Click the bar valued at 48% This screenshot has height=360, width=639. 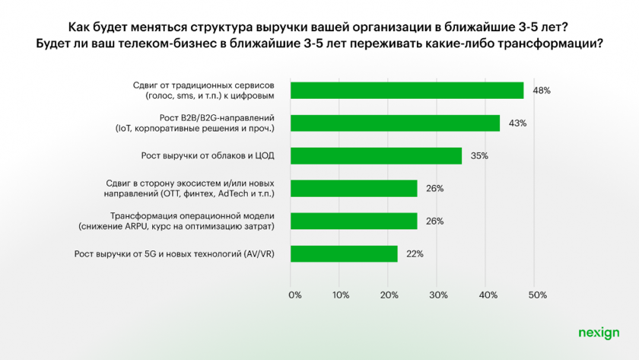(x=407, y=91)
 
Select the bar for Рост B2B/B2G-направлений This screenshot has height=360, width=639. (x=395, y=123)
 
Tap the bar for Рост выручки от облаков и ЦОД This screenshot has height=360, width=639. (x=376, y=156)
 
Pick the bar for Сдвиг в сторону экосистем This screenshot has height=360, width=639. (x=354, y=188)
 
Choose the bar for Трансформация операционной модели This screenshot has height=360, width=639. (x=354, y=221)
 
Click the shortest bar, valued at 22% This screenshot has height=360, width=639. (x=344, y=253)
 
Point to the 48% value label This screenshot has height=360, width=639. (x=541, y=91)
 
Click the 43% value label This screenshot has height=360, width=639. (x=517, y=123)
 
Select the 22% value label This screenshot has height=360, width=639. (x=414, y=253)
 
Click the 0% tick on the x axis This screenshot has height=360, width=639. (x=294, y=294)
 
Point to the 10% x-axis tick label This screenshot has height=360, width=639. (x=341, y=294)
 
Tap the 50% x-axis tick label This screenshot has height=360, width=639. (x=536, y=294)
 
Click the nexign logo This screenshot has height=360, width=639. (x=598, y=333)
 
